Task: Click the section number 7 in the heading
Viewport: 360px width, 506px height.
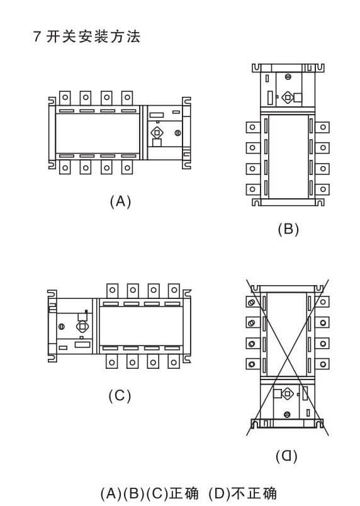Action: tap(37, 37)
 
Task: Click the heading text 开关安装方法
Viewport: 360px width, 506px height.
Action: tap(94, 37)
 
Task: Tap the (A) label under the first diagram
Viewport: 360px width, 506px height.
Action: tap(120, 201)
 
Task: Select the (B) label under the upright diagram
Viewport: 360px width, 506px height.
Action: tap(288, 229)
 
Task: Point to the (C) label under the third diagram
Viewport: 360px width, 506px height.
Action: tap(120, 396)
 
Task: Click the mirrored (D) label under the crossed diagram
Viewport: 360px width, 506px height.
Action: tap(286, 456)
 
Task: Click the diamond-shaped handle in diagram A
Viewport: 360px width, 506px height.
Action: tap(157, 133)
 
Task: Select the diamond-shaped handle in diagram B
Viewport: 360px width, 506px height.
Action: tap(288, 97)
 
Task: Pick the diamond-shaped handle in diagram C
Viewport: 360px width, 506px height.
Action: tap(82, 327)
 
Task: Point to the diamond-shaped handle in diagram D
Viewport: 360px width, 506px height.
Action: tap(287, 394)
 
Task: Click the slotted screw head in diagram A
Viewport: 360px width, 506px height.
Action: tap(177, 133)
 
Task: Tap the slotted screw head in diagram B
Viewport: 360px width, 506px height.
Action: tap(288, 77)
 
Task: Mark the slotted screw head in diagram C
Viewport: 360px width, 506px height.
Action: tap(61, 327)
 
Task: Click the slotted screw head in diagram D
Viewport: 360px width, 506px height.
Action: tap(286, 414)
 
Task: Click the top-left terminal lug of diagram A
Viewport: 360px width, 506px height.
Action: tap(65, 98)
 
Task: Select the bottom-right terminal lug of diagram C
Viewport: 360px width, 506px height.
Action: tap(174, 362)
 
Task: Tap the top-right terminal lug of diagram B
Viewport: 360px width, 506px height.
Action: tap(322, 127)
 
